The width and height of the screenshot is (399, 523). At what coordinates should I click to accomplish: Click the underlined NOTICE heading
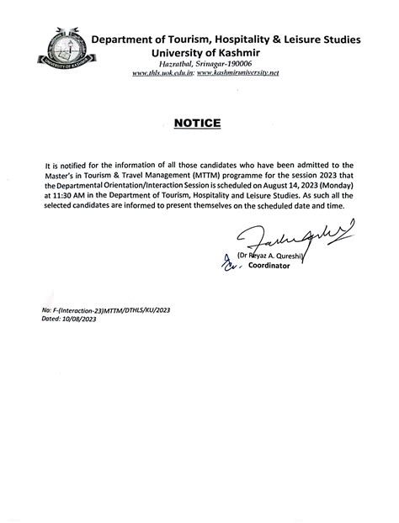pos(198,124)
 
